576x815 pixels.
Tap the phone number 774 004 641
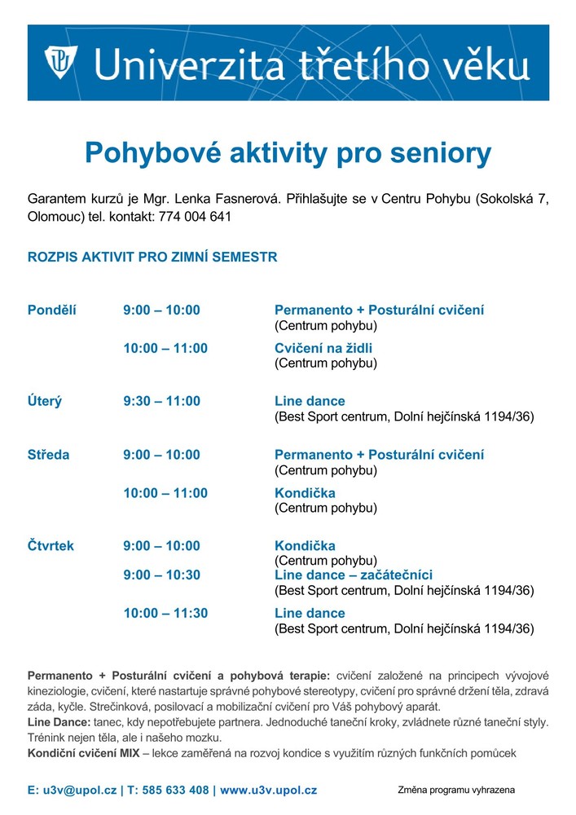click(x=196, y=217)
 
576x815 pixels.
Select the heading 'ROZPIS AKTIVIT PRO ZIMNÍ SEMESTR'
click(x=152, y=257)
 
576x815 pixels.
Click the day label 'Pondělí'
click(x=52, y=311)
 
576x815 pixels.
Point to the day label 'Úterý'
click(x=45, y=401)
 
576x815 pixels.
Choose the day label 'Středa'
click(x=49, y=455)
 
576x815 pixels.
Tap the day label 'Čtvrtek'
click(x=51, y=545)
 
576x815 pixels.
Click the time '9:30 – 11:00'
click(x=161, y=401)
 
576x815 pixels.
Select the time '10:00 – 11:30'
click(x=165, y=613)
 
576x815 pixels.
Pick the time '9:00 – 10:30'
click(x=161, y=575)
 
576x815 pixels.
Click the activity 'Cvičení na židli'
click(x=323, y=348)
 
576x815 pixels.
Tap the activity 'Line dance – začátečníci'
click(x=354, y=575)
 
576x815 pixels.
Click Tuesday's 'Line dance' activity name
click(x=310, y=401)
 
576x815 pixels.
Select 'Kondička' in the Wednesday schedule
click(x=305, y=493)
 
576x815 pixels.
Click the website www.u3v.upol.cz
click(x=268, y=790)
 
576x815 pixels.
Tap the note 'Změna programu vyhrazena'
click(x=456, y=790)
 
